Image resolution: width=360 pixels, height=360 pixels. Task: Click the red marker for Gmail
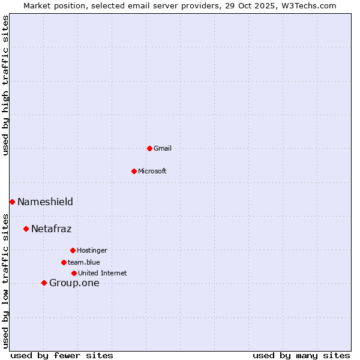pyautogui.click(x=149, y=148)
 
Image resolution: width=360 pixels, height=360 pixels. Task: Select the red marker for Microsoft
pyautogui.click(x=134, y=171)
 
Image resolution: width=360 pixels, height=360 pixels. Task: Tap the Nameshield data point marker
pyautogui.click(x=12, y=202)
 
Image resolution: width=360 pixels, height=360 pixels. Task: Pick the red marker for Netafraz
pyautogui.click(x=26, y=229)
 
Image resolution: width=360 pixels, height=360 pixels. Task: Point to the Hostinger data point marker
pyautogui.click(x=73, y=250)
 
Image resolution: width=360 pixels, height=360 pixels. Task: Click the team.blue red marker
pyautogui.click(x=64, y=262)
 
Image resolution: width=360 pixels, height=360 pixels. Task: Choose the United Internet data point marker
pyautogui.click(x=74, y=273)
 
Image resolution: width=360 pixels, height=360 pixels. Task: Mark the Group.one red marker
pyautogui.click(x=44, y=283)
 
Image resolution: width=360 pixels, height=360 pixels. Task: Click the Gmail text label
pyautogui.click(x=163, y=148)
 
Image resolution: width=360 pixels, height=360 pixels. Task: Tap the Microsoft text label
pyautogui.click(x=152, y=171)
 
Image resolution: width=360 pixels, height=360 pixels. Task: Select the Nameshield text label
pyautogui.click(x=45, y=202)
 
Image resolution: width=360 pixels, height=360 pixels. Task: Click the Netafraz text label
pyautogui.click(x=52, y=229)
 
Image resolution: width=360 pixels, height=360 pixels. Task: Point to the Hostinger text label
pyautogui.click(x=92, y=250)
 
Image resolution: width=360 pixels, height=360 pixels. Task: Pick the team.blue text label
pyautogui.click(x=84, y=262)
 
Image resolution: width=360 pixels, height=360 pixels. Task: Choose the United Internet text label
pyautogui.click(x=103, y=273)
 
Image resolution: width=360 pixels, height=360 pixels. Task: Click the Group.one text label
pyautogui.click(x=74, y=283)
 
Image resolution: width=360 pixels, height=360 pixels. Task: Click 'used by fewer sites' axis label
pyautogui.click(x=62, y=355)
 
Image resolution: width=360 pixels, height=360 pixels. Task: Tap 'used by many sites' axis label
pyautogui.click(x=301, y=355)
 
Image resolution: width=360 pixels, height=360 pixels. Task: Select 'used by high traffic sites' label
pyautogui.click(x=6, y=85)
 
